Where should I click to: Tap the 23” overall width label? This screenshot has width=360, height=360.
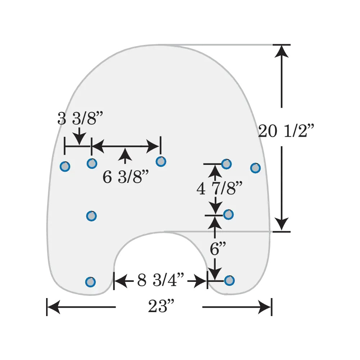tap(161, 307)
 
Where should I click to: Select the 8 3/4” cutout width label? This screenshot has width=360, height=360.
tap(161, 280)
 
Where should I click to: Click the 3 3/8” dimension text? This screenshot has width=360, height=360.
tap(80, 118)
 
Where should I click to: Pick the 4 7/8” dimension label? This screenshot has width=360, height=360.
tap(219, 188)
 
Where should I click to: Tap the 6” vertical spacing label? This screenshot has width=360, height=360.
tap(218, 249)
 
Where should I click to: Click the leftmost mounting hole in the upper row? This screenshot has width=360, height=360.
tap(65, 166)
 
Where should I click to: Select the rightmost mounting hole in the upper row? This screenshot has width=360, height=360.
tap(255, 168)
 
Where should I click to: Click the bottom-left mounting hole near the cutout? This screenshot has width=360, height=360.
tap(90, 282)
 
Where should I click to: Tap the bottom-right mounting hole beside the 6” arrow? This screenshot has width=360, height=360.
tap(229, 280)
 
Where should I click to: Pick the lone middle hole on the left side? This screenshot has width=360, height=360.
tap(91, 216)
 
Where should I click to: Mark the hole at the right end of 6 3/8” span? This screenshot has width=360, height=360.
tap(161, 162)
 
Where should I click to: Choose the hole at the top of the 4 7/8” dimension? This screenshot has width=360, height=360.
tap(226, 164)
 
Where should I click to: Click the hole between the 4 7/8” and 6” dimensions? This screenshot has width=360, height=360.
tap(228, 215)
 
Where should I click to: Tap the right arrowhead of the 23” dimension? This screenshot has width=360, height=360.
tap(265, 307)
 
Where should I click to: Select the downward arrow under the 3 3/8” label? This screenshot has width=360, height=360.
tap(79, 139)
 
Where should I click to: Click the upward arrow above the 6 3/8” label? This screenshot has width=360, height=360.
tap(125, 154)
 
